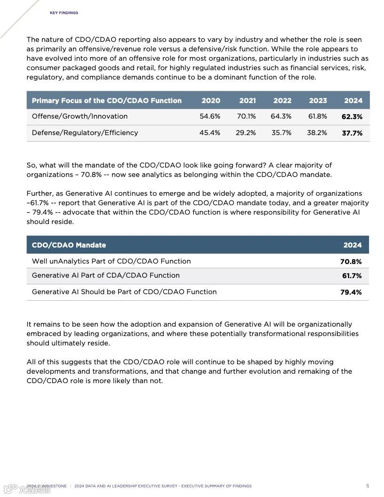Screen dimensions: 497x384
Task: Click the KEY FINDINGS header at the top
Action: (64, 13)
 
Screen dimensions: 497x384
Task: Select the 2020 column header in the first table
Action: (211, 100)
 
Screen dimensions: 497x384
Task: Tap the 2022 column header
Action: (282, 100)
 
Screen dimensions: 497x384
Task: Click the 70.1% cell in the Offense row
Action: (247, 116)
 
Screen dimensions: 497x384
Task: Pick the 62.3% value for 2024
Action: (352, 117)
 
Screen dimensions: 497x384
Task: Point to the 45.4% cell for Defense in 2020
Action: (210, 133)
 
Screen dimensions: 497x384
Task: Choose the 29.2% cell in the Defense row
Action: (246, 133)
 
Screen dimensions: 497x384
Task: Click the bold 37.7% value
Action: (352, 133)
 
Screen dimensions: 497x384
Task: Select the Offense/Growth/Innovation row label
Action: (80, 116)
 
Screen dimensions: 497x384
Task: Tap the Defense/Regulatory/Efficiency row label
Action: (85, 133)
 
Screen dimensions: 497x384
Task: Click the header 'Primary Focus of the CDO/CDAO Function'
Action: (106, 100)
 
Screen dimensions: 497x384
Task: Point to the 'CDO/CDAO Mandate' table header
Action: (69, 245)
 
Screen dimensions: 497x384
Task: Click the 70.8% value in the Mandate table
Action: (351, 262)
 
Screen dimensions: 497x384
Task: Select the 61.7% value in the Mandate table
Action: (352, 276)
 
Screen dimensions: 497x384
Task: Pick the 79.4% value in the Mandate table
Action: (351, 292)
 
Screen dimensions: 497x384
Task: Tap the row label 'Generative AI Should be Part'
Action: (124, 292)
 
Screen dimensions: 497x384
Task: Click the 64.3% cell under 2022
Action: (281, 116)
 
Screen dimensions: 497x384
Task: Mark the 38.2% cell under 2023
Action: (317, 133)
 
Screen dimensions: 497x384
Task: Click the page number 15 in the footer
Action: (368, 486)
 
